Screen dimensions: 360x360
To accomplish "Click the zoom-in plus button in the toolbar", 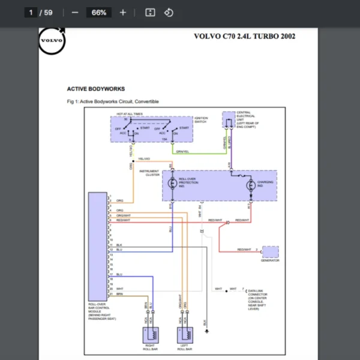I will (123, 13).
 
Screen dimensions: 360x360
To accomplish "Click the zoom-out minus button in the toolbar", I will (75, 13).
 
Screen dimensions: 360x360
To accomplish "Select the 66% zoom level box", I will (99, 13).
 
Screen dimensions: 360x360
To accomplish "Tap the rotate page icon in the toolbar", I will (169, 13).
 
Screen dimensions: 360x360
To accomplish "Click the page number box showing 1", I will (31, 13).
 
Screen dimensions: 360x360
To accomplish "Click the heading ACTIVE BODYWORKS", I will (96, 89).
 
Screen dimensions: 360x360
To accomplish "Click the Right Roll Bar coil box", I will (149, 334).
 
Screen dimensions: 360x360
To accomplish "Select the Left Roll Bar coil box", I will (185, 334).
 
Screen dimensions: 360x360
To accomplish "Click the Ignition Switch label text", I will (202, 120).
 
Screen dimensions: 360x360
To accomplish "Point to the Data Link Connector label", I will (259, 295).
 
